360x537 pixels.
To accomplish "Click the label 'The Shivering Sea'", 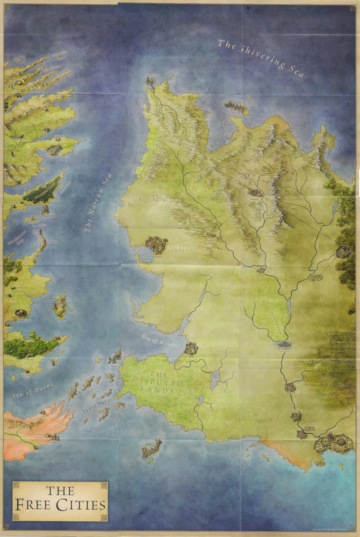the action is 261,59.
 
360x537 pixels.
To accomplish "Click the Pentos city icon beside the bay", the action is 156,244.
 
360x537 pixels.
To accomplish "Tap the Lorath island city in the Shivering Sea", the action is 236,105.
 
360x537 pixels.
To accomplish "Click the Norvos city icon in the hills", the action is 255,192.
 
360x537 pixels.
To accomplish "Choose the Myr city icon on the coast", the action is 191,348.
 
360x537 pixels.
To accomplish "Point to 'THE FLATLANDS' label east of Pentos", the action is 191,249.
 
